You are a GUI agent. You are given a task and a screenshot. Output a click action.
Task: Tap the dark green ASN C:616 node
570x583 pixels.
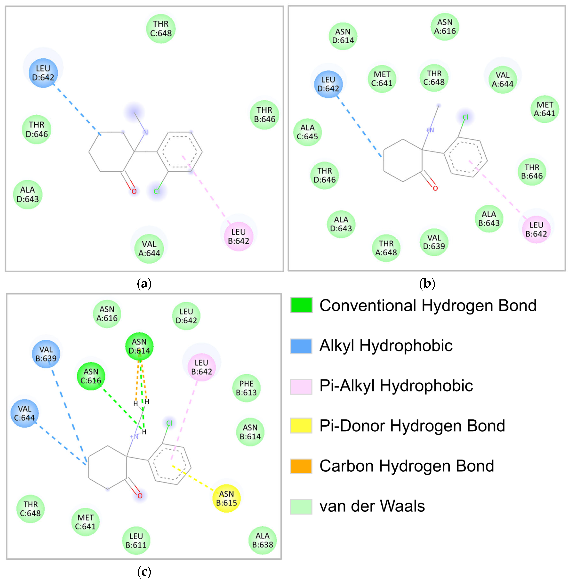[91, 376]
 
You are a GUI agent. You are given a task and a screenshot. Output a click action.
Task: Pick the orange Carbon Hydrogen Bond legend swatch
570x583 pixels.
[301, 466]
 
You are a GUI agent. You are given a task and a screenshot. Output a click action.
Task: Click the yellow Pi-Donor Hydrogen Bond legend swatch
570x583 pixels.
[301, 426]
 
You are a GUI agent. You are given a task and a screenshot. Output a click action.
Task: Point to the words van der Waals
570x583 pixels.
[372, 506]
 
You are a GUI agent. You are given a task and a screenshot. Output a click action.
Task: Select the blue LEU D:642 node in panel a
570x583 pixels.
[43, 73]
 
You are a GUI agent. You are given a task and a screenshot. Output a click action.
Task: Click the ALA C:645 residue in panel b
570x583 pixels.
[307, 132]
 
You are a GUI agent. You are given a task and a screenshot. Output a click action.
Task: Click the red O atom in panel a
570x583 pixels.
[134, 191]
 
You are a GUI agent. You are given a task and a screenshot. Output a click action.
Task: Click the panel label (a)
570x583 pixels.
[144, 283]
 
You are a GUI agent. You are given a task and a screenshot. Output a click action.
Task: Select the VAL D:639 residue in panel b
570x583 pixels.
[434, 242]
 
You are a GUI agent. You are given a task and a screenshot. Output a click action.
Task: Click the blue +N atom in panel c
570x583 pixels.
[134, 437]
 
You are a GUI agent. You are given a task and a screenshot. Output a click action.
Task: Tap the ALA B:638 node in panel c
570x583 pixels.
[263, 540]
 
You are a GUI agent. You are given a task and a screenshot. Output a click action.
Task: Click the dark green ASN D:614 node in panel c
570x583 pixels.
[139, 346]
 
